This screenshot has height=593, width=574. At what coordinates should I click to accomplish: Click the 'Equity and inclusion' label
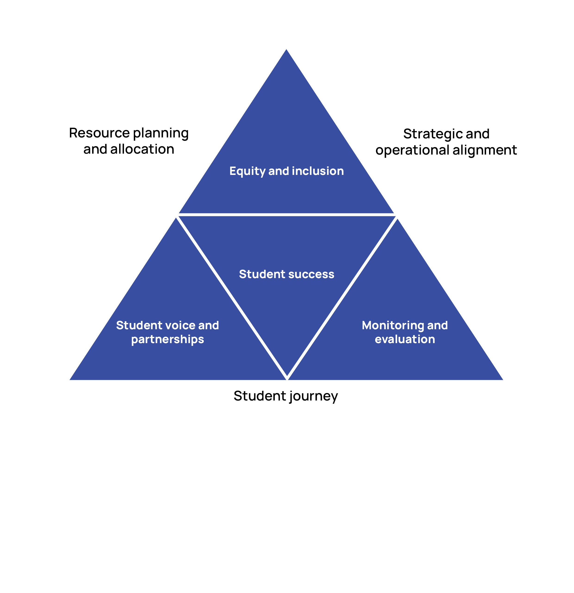point(287,171)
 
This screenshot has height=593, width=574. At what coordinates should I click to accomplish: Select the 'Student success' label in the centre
point(287,274)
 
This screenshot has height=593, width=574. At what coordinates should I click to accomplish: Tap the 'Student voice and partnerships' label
point(168,332)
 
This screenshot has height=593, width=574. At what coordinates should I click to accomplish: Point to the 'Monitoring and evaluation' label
point(405,332)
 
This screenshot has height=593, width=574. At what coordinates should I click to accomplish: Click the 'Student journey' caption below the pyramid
point(286,396)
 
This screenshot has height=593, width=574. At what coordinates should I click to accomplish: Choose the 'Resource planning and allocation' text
point(129,141)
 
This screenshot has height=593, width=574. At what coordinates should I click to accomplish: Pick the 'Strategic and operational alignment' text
point(446,142)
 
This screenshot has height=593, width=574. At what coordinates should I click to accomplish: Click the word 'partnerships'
point(168,339)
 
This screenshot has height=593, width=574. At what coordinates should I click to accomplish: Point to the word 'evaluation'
point(405,339)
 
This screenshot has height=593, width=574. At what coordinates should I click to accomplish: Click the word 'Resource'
point(99,133)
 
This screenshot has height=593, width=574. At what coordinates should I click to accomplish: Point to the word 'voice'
point(180,326)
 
